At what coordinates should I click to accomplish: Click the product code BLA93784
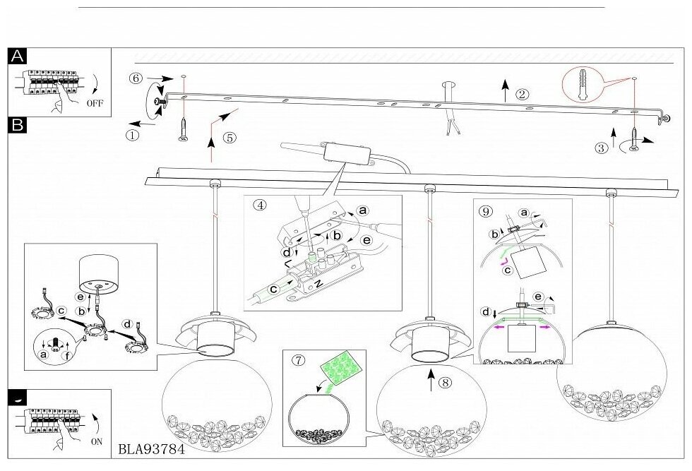150,448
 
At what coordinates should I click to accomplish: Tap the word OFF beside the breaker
95,102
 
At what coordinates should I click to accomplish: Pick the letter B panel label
18,125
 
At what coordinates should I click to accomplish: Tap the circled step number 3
602,148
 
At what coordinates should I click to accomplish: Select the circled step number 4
261,205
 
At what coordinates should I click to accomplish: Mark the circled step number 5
229,138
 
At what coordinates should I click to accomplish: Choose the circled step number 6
136,78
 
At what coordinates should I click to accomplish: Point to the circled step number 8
444,383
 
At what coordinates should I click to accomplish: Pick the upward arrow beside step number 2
506,91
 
